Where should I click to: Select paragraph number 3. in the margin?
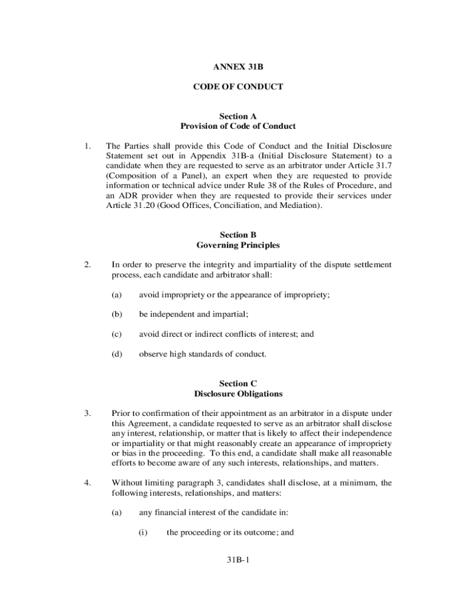[x=87, y=413]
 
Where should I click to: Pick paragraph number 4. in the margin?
[x=87, y=483]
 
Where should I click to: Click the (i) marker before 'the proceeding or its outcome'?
[x=143, y=532]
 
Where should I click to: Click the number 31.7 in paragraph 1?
[x=383, y=165]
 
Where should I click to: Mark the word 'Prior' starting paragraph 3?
[x=122, y=413]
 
